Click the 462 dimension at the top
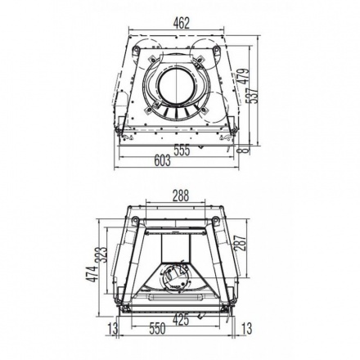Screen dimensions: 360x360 pos(181,23)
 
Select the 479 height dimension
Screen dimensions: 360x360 pos(242,79)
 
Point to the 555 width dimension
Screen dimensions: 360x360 pos(182,150)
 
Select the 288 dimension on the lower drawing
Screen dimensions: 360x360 pos(181,196)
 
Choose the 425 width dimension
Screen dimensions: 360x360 pos(181,319)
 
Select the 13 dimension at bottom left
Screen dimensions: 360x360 pos(113,329)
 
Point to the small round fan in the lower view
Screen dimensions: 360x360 pos(173,277)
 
